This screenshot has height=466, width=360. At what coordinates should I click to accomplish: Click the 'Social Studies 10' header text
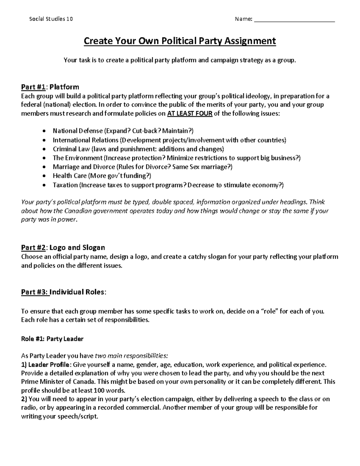[51, 19]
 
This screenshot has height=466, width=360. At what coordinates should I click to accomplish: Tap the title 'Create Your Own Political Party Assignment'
[179, 41]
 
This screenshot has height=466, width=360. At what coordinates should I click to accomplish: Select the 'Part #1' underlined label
[33, 87]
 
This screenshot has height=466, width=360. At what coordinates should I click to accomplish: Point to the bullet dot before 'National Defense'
[45, 131]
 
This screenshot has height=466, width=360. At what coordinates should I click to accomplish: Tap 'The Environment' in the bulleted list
[77, 158]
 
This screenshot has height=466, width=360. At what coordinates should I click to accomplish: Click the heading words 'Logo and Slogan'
[77, 248]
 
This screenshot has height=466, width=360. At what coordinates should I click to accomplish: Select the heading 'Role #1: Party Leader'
[52, 339]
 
